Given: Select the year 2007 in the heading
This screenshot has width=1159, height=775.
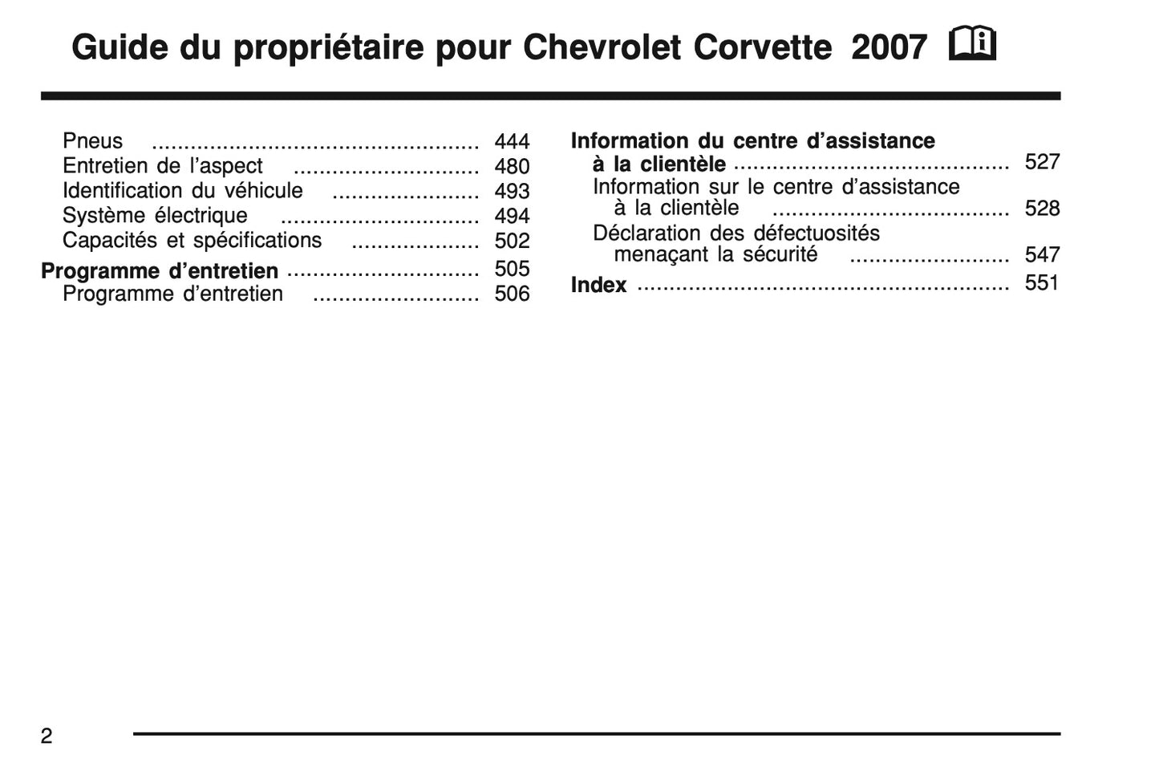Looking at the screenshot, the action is click(x=889, y=48).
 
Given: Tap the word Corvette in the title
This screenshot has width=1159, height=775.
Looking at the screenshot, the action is click(x=762, y=48).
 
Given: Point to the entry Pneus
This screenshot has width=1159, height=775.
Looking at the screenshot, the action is click(x=93, y=141).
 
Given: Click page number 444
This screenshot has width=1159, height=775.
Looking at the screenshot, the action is click(x=512, y=142).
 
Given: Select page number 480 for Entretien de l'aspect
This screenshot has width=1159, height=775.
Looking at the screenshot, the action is click(x=512, y=167).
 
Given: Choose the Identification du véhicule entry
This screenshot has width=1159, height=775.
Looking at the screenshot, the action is click(x=183, y=191).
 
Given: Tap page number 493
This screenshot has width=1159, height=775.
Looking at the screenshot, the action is click(x=512, y=192).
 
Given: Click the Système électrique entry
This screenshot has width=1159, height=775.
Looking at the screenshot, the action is click(x=155, y=216).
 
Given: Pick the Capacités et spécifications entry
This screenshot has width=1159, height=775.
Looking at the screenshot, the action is click(x=192, y=241).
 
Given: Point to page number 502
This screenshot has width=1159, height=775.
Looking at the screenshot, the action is click(x=512, y=241).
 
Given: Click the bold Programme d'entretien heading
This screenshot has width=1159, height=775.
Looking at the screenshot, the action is click(x=160, y=271).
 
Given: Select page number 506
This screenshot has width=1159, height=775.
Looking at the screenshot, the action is click(x=512, y=294).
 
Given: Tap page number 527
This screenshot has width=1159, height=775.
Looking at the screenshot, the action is click(x=1042, y=162).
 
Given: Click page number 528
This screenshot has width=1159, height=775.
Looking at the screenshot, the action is click(x=1042, y=209).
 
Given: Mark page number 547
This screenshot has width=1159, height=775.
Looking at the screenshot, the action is click(x=1042, y=255).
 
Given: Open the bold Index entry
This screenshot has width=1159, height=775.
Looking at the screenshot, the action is click(x=598, y=285).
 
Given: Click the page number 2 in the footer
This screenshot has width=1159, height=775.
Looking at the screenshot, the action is click(x=47, y=736).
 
